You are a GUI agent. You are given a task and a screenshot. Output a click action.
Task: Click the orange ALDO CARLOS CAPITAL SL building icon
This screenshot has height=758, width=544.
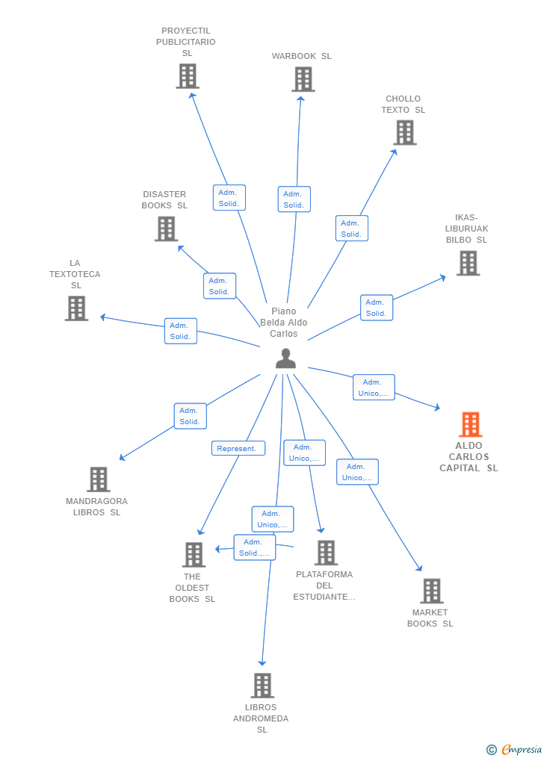point(470,424)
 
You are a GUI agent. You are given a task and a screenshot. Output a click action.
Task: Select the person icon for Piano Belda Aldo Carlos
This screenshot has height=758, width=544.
point(285,358)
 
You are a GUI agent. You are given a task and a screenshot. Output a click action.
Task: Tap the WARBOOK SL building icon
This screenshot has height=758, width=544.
point(303,79)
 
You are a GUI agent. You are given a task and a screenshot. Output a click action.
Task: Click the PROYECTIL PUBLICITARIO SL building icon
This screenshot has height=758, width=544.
point(188,75)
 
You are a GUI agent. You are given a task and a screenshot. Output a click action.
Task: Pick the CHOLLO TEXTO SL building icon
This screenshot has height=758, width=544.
point(404,132)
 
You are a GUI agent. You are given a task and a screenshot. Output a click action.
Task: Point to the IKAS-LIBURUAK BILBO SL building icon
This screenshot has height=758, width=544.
point(468,263)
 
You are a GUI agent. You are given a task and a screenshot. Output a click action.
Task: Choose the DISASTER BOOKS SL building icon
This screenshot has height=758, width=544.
point(166,229)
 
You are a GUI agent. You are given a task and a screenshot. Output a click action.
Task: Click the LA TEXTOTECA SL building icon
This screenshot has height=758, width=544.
point(76,308)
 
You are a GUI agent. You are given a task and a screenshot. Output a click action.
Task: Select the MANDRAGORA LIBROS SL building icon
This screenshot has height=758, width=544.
point(98,479)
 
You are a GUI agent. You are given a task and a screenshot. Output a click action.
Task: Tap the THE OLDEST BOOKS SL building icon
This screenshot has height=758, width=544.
point(194,555)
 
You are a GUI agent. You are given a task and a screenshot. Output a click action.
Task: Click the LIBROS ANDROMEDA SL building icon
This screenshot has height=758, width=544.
point(262,686)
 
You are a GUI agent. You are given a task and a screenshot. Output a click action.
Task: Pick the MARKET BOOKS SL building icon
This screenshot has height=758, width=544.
point(431,591)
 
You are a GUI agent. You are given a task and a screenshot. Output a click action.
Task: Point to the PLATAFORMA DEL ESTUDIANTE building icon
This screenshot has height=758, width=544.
point(326,553)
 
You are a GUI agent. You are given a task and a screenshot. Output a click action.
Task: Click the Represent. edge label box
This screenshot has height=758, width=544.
point(238,448)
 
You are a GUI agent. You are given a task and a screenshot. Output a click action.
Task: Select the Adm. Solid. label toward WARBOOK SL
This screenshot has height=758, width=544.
point(294,199)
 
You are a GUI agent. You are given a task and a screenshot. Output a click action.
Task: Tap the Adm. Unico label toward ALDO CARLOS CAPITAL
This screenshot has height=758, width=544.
point(373,388)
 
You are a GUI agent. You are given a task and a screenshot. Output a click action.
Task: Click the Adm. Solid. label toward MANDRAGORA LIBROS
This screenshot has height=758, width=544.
point(190,416)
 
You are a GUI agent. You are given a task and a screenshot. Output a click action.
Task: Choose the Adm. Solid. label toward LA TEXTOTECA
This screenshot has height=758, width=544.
point(180,331)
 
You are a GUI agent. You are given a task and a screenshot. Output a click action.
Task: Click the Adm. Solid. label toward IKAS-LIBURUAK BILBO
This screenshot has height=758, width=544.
point(376,308)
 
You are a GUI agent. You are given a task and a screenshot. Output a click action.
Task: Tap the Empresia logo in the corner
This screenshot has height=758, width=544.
point(515,749)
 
